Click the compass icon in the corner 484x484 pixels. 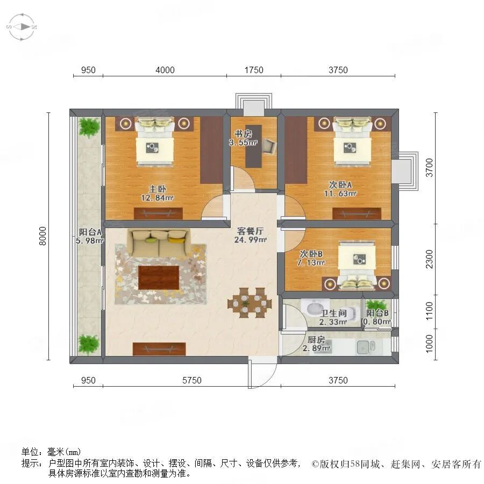pyautogui.click(x=22, y=26)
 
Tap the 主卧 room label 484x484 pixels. pyautogui.click(x=157, y=189)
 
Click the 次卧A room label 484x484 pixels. pyautogui.click(x=340, y=184)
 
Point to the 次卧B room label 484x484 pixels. pyautogui.click(x=311, y=253)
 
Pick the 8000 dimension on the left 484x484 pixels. pyautogui.click(x=43, y=237)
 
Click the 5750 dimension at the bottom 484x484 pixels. pyautogui.click(x=191, y=380)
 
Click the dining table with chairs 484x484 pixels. pyautogui.click(x=247, y=303)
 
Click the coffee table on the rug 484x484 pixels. pyautogui.click(x=159, y=277)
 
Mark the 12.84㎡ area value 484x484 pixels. pyautogui.click(x=157, y=197)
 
